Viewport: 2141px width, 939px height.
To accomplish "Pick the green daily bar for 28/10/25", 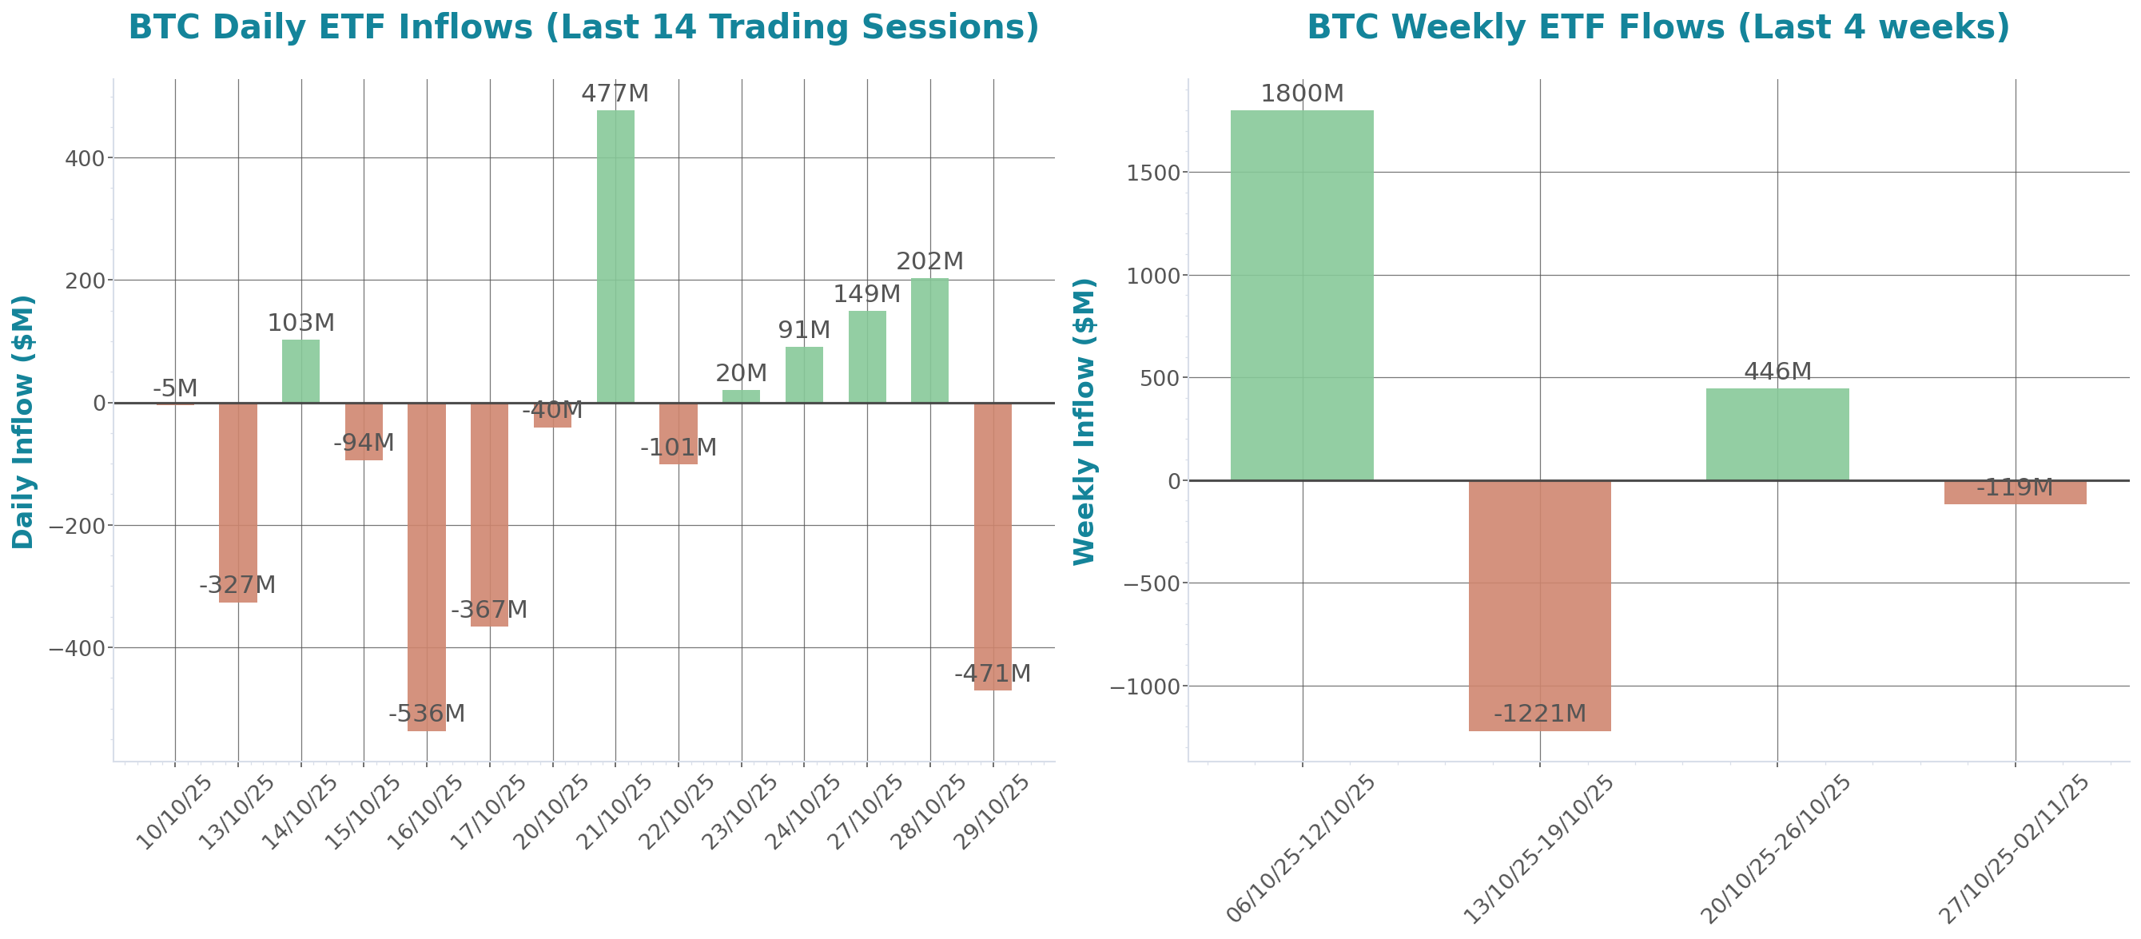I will [929, 340].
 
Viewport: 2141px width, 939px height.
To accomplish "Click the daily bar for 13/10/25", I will [237, 503].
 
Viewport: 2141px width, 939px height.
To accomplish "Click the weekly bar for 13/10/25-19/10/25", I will [1539, 606].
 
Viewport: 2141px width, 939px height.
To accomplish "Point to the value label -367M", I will [489, 610].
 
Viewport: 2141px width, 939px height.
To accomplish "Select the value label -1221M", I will [1539, 714].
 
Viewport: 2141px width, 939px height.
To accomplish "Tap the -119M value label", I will [2014, 487].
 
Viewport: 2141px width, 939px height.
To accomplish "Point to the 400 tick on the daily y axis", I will [85, 158].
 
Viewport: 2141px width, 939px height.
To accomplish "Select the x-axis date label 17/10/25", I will [489, 812].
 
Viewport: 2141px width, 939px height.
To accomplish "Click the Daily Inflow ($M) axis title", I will [23, 421].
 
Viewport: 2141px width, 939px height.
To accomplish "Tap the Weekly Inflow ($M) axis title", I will [1084, 421].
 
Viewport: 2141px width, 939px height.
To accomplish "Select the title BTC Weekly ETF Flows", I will [1658, 27].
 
